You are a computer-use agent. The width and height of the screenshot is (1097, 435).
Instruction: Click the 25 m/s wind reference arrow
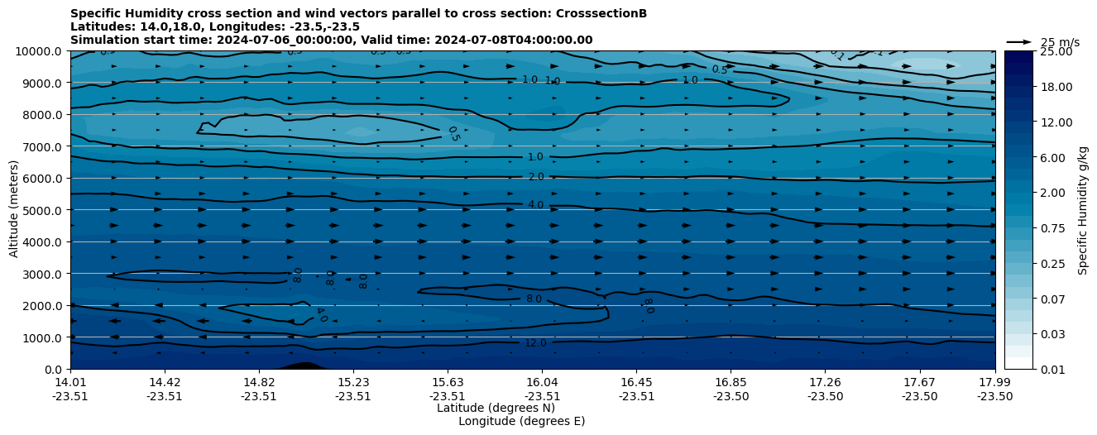coord(1019,42)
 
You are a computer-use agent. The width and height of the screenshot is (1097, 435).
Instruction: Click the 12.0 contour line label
coord(535,343)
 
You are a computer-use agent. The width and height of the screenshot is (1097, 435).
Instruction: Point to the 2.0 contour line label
coord(535,177)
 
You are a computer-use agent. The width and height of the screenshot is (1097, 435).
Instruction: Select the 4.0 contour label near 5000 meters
coord(535,204)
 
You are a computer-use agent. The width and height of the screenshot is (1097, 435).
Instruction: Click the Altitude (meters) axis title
coord(14,210)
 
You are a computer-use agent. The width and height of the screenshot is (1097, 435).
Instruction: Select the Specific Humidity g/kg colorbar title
coord(1083,210)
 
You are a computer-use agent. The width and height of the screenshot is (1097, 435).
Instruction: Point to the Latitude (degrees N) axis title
coord(496,408)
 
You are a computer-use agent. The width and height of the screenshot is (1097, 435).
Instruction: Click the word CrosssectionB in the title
coord(601,13)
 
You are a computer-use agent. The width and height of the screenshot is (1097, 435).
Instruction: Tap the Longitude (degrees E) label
coord(521,421)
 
